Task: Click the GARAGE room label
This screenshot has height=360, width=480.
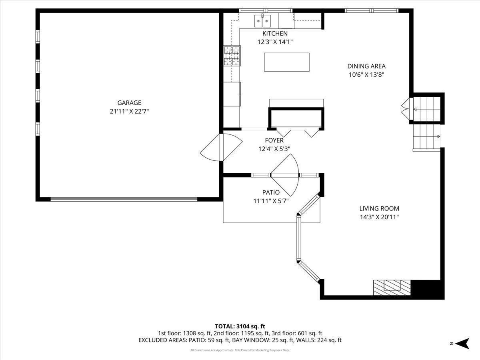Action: click(129, 103)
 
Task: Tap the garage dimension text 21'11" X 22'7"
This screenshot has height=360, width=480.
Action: click(129, 112)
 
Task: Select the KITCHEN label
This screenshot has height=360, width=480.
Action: click(275, 34)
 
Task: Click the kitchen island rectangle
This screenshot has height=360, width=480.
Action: click(286, 62)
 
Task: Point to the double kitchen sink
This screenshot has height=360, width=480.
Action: click(262, 20)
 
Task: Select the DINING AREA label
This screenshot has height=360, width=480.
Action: click(366, 66)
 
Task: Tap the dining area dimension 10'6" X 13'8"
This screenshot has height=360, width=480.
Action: click(366, 75)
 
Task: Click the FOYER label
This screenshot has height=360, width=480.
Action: click(274, 140)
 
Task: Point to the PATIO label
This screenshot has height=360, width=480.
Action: click(271, 192)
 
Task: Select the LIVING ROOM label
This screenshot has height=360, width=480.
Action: click(379, 208)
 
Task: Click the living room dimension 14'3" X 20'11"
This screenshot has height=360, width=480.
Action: click(379, 217)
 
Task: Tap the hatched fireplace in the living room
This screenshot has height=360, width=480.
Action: click(392, 287)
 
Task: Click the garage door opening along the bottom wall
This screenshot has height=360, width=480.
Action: click(124, 199)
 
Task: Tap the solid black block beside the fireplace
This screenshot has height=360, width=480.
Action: click(427, 288)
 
